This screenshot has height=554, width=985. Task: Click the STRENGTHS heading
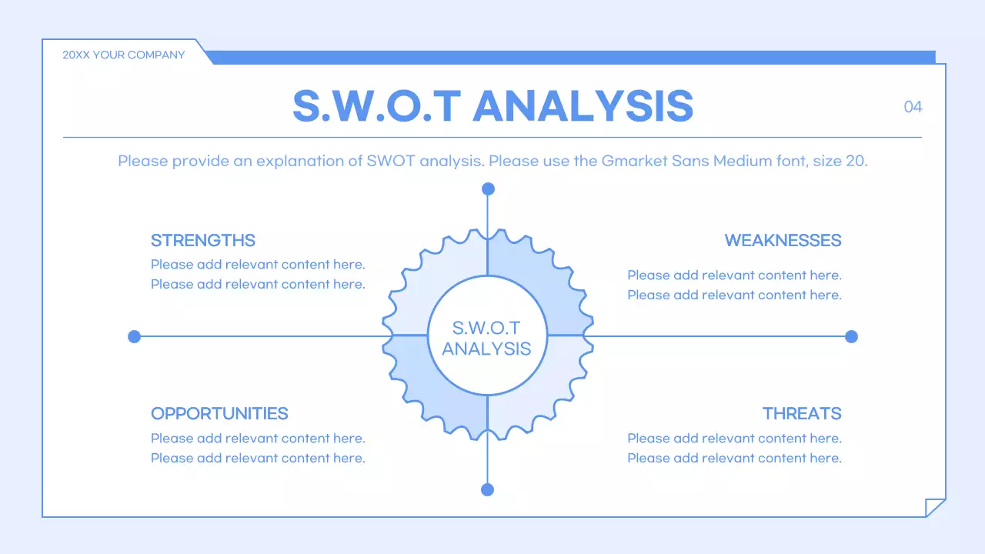pyautogui.click(x=202, y=241)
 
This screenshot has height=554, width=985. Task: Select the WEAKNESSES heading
pyautogui.click(x=783, y=241)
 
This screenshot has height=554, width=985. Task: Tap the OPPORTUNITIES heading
pyautogui.click(x=219, y=414)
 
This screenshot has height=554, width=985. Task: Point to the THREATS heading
pyautogui.click(x=802, y=414)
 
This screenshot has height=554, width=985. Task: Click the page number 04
pyautogui.click(x=913, y=107)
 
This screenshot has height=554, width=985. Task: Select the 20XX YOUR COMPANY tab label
pyautogui.click(x=124, y=55)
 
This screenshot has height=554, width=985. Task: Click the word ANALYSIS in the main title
pyautogui.click(x=583, y=106)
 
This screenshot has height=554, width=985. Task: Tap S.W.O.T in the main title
pyautogui.click(x=377, y=106)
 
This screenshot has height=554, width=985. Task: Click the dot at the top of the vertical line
pyautogui.click(x=488, y=189)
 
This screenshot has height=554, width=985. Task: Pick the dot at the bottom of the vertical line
pyautogui.click(x=487, y=490)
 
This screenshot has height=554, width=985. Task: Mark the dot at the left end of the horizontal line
pyautogui.click(x=134, y=337)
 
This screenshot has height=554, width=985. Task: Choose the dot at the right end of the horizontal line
pyautogui.click(x=851, y=337)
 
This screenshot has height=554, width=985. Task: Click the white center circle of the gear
pyautogui.click(x=487, y=336)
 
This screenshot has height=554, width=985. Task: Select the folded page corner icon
pyautogui.click(x=933, y=507)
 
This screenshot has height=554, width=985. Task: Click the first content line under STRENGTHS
pyautogui.click(x=258, y=265)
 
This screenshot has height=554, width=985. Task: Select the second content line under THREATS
pyautogui.click(x=734, y=458)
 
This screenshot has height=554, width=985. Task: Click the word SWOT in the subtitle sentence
pyautogui.click(x=390, y=161)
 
